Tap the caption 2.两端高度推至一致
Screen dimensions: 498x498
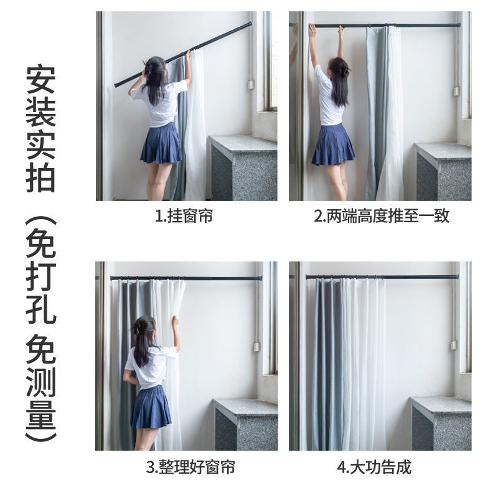(x=381, y=217)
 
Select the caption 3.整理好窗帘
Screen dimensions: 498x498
(x=190, y=467)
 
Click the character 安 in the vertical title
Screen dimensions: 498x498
(x=41, y=79)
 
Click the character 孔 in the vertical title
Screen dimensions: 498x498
(x=41, y=309)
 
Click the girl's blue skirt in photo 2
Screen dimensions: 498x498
(x=332, y=145)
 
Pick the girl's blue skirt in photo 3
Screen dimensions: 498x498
(x=151, y=408)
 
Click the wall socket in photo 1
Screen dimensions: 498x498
(x=251, y=84)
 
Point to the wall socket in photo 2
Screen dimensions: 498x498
(x=456, y=91)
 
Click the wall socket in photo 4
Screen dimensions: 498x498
(x=453, y=344)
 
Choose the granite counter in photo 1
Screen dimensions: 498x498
(x=243, y=168)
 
